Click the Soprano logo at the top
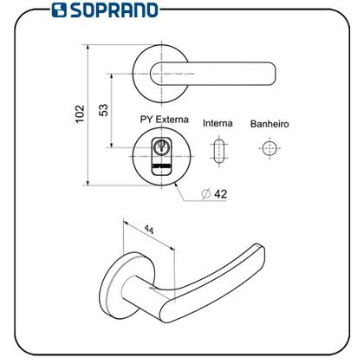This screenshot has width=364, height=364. point(104,10)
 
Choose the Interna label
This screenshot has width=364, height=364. point(218,124)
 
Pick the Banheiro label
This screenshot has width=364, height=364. point(270,124)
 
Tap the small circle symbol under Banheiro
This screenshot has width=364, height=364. point(269,148)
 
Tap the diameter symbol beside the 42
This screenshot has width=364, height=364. point(204,193)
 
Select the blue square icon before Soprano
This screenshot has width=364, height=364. point(59,10)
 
